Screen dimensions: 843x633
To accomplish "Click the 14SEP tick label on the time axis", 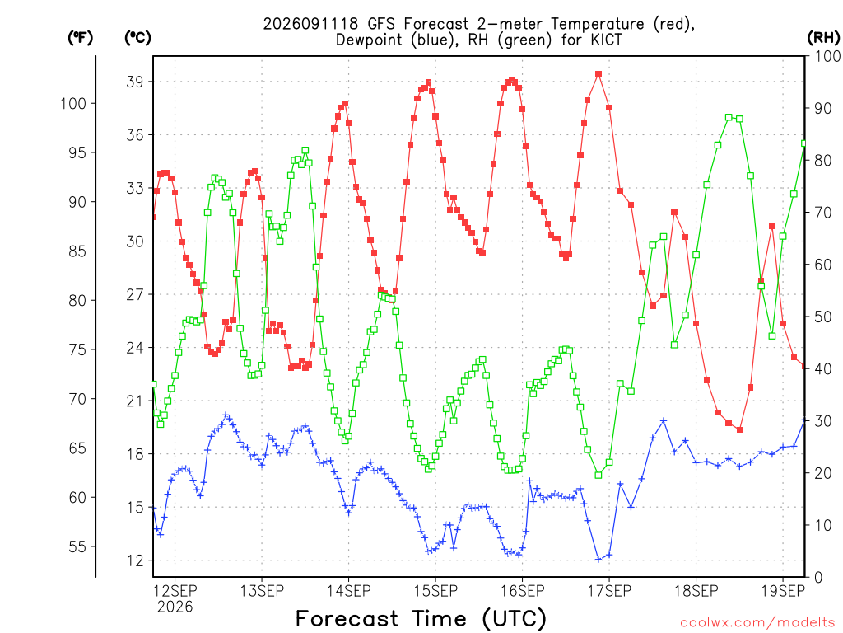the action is pyautogui.click(x=348, y=591).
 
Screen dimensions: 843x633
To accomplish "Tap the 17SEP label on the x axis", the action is pyautogui.click(x=609, y=591).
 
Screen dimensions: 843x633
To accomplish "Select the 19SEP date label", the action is pyautogui.click(x=784, y=591).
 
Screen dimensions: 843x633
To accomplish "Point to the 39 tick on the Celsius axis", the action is pyautogui.click(x=136, y=82).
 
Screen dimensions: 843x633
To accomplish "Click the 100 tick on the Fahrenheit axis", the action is pyautogui.click(x=73, y=103).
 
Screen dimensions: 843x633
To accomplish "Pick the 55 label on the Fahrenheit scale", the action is pyautogui.click(x=78, y=547).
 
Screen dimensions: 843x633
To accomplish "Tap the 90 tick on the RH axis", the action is pyautogui.click(x=823, y=108).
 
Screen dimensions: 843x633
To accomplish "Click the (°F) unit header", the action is pyautogui.click(x=80, y=38).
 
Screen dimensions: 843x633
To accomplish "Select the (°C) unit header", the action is pyautogui.click(x=137, y=38).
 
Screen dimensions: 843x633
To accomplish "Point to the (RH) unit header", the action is pyautogui.click(x=823, y=38).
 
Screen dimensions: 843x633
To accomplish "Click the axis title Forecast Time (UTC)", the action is pyautogui.click(x=421, y=618).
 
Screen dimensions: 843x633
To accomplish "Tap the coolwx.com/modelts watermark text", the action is pyautogui.click(x=757, y=623).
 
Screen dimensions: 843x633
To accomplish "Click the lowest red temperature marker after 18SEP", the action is pyautogui.click(x=740, y=429).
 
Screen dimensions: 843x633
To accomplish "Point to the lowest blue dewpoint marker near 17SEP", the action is pyautogui.click(x=598, y=560).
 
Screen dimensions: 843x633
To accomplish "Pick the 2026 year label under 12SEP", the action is pyautogui.click(x=175, y=607).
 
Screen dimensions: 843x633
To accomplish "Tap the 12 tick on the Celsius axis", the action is pyautogui.click(x=136, y=560).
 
